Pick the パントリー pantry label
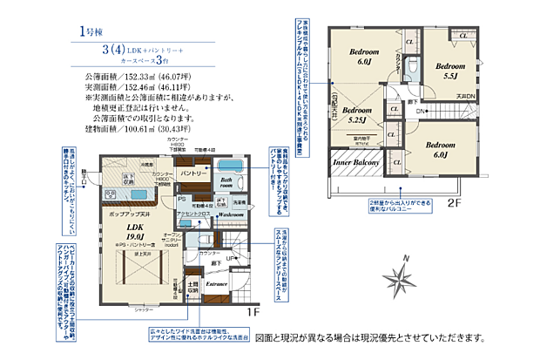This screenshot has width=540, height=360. [x=192, y=174]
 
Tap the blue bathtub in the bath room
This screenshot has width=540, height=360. [x=227, y=166]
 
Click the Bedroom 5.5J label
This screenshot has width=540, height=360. [x=450, y=71]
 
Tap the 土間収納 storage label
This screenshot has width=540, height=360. [x=193, y=288]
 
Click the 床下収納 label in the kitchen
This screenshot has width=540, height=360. [x=127, y=178]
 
